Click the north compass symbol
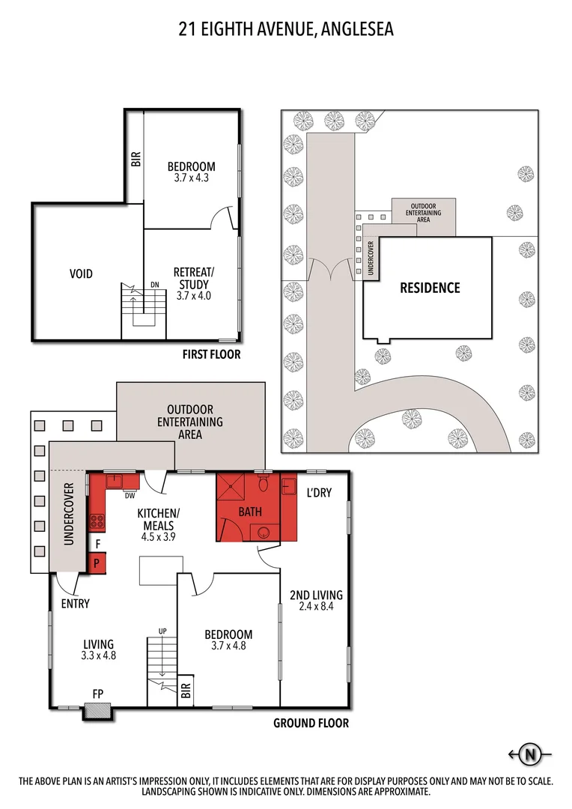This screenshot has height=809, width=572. (x=531, y=754)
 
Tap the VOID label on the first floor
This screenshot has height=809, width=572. (x=81, y=274)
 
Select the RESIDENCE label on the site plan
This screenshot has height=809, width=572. (x=429, y=288)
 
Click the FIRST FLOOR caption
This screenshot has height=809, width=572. (x=212, y=354)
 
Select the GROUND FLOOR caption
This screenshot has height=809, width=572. (x=311, y=724)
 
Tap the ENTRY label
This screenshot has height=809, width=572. (x=76, y=604)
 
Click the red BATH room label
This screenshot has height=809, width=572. (x=249, y=512)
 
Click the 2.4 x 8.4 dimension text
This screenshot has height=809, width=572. (x=316, y=607)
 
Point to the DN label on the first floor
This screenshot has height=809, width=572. (x=155, y=285)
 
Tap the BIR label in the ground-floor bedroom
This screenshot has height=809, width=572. (x=186, y=692)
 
